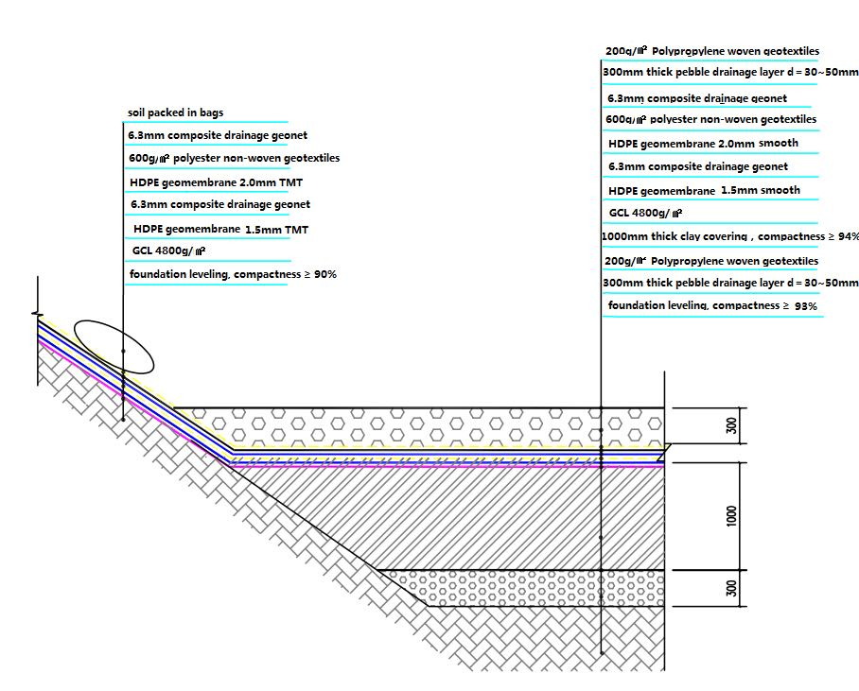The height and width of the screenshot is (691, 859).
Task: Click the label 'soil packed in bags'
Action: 175,113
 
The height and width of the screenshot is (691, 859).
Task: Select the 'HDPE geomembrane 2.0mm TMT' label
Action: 215,182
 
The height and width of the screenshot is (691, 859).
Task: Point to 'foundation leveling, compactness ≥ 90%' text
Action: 233,274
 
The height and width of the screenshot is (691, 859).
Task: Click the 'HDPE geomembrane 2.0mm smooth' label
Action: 703,144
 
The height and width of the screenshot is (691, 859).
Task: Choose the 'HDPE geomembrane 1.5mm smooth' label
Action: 704,191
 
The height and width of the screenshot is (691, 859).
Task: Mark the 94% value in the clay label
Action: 848,236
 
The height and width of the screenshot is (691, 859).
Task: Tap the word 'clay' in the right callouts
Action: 712,236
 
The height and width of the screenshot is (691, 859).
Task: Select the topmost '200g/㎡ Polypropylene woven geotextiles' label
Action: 711,51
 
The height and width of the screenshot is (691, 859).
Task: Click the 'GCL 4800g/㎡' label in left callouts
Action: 169,251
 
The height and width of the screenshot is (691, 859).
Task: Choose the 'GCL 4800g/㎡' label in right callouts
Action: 646,214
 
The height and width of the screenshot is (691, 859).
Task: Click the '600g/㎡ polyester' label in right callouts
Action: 710,120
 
